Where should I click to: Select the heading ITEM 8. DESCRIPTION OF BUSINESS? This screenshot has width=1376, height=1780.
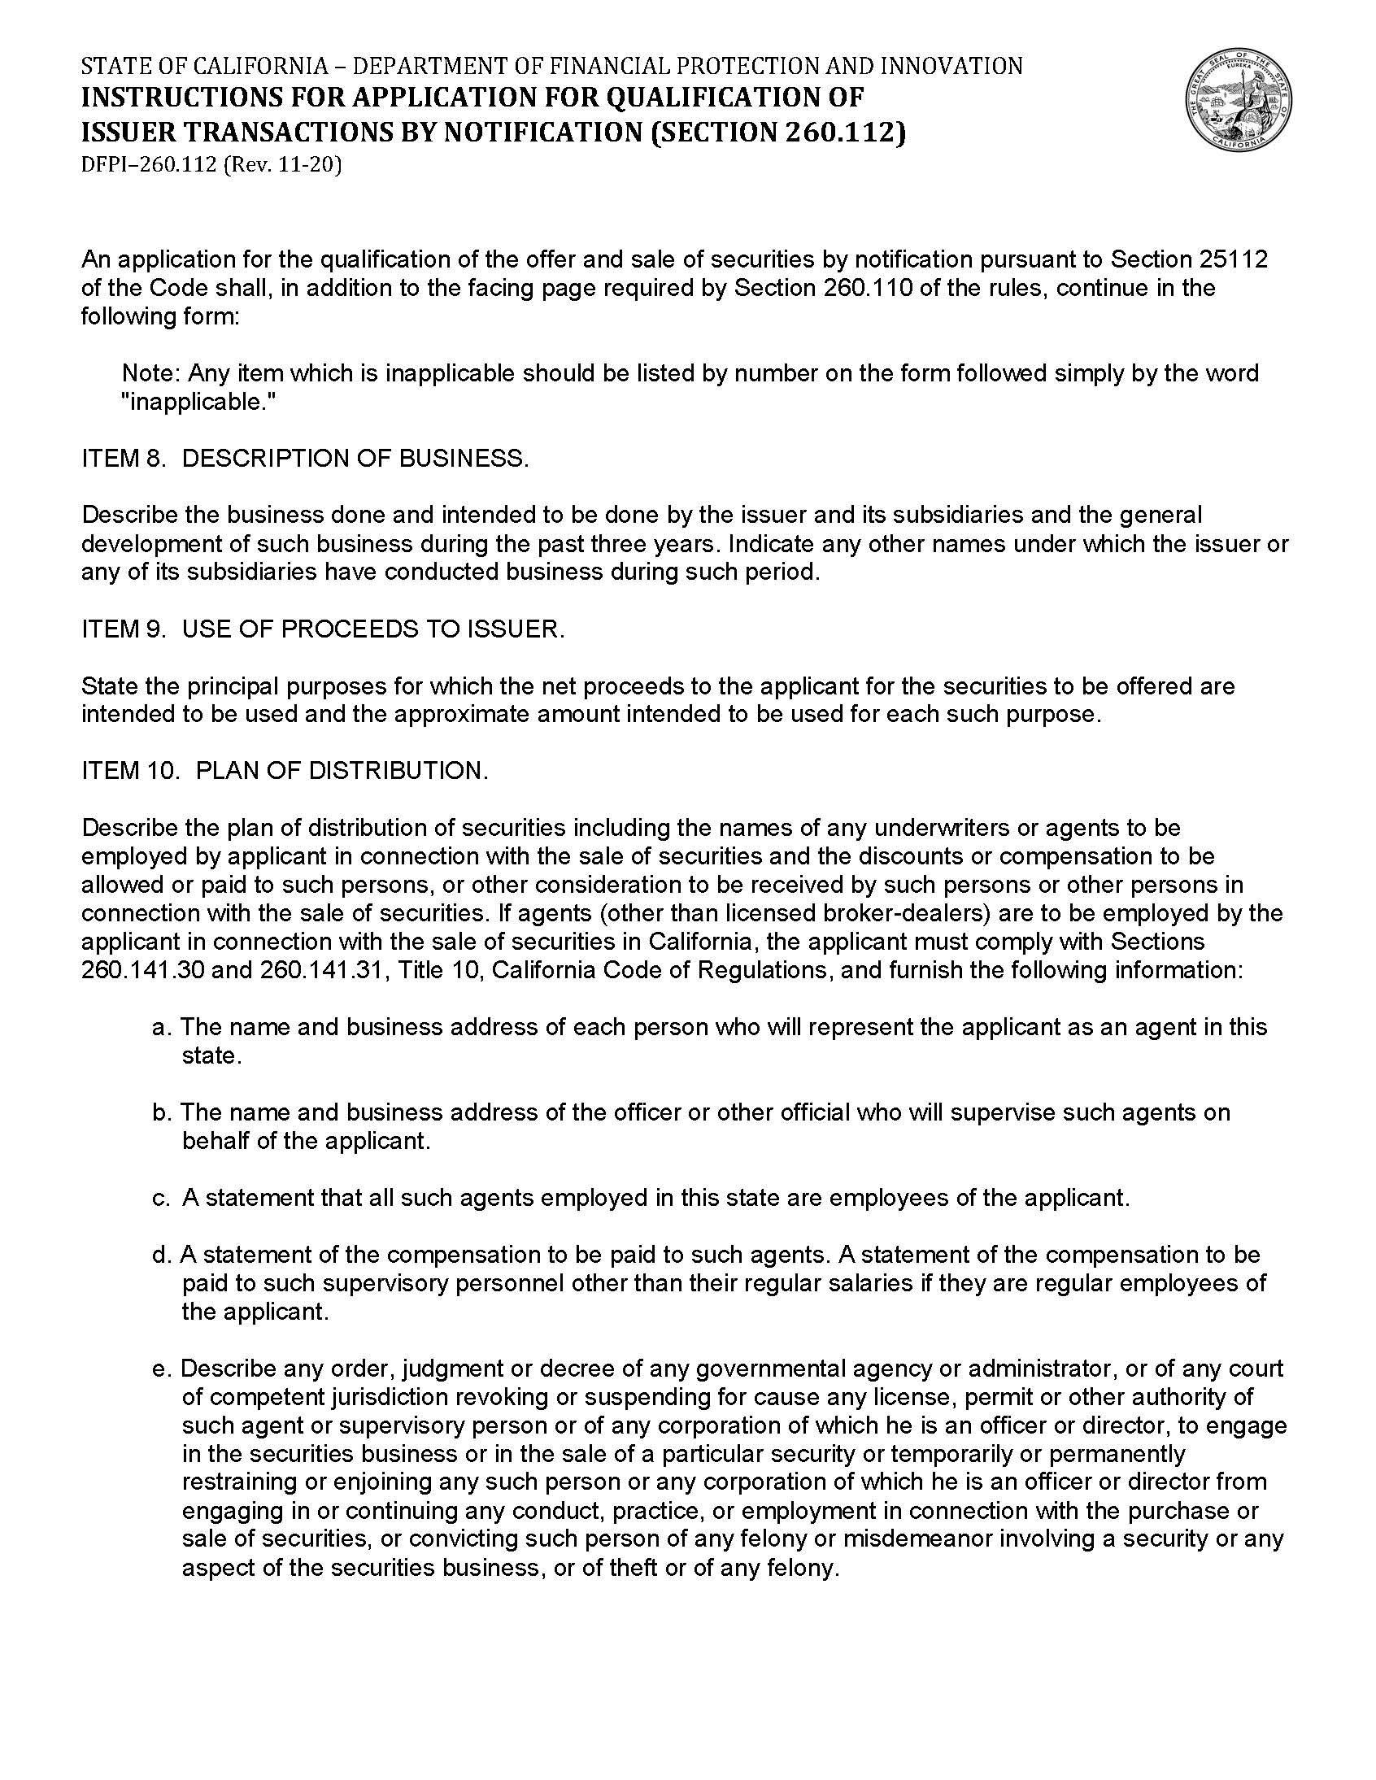pos(305,458)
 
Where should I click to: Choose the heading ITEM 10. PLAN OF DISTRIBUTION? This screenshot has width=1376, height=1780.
pos(285,770)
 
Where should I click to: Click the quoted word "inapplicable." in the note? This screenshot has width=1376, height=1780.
pos(199,402)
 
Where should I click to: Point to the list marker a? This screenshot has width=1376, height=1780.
pos(161,1027)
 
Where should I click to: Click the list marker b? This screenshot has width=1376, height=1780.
pos(161,1112)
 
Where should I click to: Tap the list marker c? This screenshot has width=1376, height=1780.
pos(160,1198)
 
